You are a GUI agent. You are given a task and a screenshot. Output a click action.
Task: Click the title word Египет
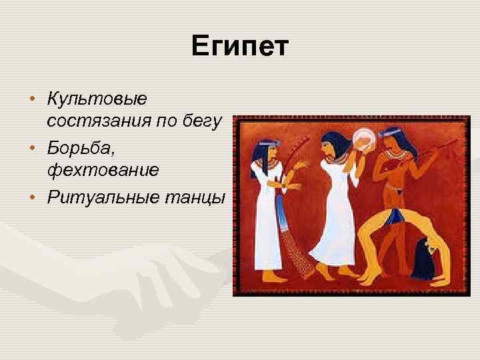[239, 47]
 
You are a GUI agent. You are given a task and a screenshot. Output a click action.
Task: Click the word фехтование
[103, 170]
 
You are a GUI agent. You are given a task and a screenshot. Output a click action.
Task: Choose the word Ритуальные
[101, 197]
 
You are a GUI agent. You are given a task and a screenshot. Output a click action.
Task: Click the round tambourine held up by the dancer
[365, 138]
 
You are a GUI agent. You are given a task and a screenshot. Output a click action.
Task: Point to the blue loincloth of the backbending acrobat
[398, 215]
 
